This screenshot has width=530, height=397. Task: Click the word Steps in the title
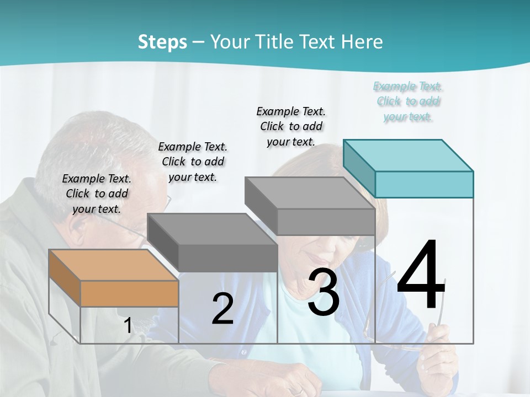point(162,42)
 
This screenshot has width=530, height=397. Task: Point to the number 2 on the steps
point(222,309)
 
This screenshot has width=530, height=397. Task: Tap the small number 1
point(128,325)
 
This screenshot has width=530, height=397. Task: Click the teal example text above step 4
point(408,101)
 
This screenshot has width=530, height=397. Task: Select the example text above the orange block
point(97,194)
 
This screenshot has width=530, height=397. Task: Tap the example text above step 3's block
point(291,126)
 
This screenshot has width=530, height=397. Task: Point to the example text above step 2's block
point(193,162)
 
